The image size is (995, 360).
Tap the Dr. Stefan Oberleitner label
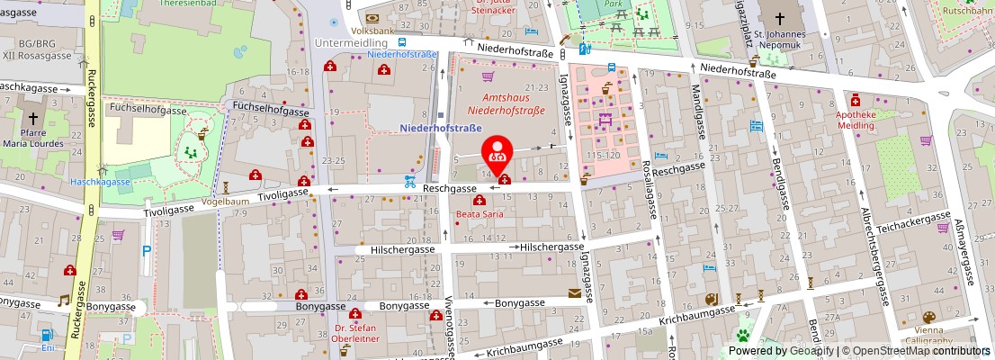354,334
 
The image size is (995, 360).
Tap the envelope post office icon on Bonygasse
574,293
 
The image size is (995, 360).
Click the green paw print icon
744,337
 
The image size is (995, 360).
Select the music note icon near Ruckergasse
63,301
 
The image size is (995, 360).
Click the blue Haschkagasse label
101,182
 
